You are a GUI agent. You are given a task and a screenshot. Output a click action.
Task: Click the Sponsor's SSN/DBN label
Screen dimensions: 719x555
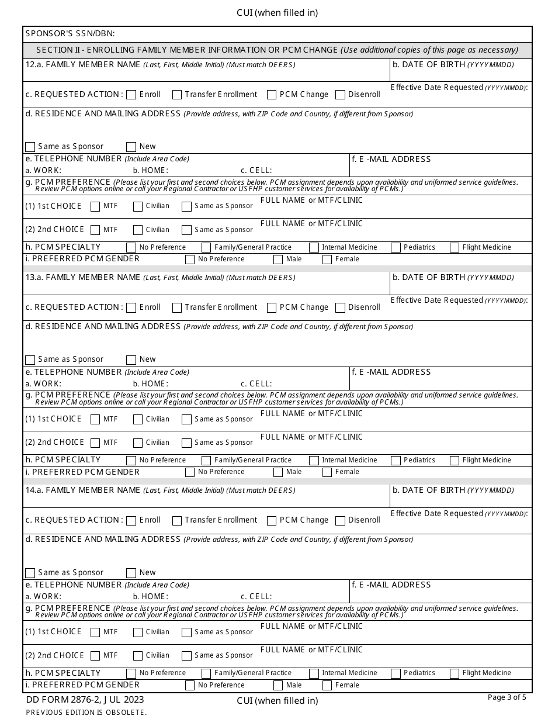click(x=70, y=34)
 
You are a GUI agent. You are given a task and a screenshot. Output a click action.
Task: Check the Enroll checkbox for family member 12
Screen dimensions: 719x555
click(x=131, y=95)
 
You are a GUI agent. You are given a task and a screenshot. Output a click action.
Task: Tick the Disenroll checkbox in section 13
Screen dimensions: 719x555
click(x=341, y=307)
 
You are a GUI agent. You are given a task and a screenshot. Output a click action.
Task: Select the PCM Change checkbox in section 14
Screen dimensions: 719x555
click(x=272, y=520)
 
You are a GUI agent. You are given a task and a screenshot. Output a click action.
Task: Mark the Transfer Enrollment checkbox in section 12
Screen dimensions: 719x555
click(x=177, y=95)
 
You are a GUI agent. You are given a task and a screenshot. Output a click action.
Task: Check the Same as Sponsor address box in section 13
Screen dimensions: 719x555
click(x=30, y=359)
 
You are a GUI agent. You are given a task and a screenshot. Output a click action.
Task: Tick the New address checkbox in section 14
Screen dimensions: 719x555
click(x=131, y=573)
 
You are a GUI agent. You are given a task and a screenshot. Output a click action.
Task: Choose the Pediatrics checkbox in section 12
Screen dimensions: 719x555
click(x=396, y=247)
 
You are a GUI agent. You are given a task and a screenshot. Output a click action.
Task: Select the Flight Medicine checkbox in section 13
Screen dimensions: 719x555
click(x=455, y=461)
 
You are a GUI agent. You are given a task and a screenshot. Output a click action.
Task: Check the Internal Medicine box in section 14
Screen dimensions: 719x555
click(x=314, y=673)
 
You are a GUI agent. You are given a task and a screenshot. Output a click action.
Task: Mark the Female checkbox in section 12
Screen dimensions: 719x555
click(x=327, y=259)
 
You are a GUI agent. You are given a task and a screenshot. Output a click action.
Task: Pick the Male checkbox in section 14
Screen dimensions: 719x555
click(x=278, y=685)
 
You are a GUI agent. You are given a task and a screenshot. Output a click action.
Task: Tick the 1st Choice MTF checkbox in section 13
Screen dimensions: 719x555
click(x=95, y=419)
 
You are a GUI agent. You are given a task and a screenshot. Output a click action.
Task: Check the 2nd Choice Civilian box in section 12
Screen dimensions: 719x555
click(x=138, y=230)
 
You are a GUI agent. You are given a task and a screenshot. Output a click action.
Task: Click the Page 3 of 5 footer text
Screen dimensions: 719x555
click(x=507, y=697)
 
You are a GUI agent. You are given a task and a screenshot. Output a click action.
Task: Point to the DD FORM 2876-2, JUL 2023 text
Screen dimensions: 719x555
click(x=85, y=700)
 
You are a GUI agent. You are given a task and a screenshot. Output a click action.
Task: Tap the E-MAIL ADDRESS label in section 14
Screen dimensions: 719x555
click(x=391, y=585)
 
